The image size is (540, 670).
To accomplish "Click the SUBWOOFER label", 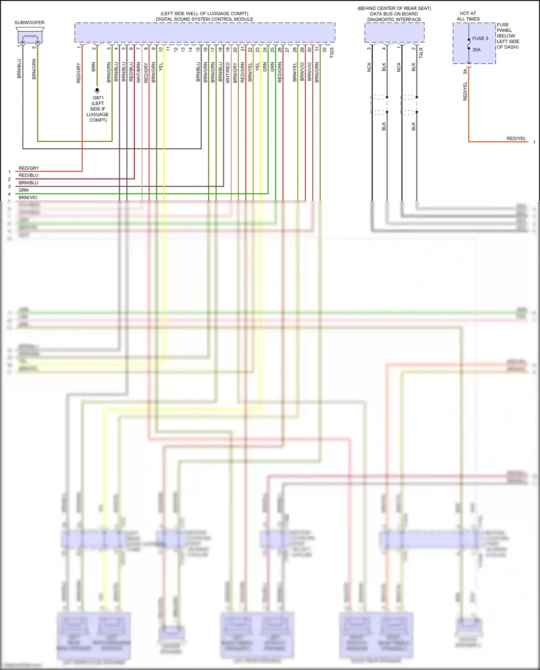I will point(30,23).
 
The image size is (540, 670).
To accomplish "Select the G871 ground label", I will point(98,98).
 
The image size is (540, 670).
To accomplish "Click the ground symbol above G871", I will point(97,91).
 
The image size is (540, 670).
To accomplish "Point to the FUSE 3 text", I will point(480,39).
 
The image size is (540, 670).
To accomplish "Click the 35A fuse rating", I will point(476,50).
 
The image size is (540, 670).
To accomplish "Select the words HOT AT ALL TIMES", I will point(468,16).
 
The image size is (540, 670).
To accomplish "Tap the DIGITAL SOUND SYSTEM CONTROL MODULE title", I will point(204,19).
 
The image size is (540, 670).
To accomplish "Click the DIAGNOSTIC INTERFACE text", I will point(394,19).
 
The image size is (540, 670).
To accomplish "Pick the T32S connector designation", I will point(332,53).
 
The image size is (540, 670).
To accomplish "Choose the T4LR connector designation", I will point(421,53).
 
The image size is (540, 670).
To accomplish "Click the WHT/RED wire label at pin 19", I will point(228,73).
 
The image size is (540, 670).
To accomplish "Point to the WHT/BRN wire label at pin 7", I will point(139,73).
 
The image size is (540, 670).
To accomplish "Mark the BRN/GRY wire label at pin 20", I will point(235,73).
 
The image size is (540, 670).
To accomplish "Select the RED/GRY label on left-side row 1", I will point(29,168).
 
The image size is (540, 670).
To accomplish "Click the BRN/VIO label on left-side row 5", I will point(28,198).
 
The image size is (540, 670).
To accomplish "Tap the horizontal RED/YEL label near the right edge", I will point(516,139).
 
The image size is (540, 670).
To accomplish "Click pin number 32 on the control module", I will point(324,50).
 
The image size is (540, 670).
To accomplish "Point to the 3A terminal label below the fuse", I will point(465,72).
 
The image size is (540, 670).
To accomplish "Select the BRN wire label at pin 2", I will point(94,67).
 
